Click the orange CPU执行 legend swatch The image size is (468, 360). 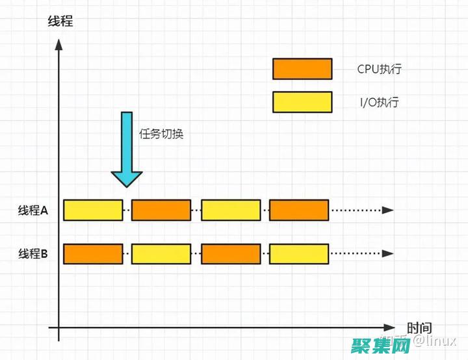[x=302, y=69]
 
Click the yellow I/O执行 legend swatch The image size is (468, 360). [x=302, y=102]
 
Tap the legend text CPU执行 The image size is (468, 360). [x=379, y=69]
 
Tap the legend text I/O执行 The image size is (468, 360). [x=378, y=102]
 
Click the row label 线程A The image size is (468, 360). [x=33, y=210]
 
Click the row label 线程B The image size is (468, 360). [x=33, y=253]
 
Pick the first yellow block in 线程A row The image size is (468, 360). [x=93, y=210]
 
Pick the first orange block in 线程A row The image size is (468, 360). [x=161, y=210]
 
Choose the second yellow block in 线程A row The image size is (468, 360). [x=231, y=210]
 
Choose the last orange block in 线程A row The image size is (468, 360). [x=299, y=210]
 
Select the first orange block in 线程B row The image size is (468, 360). [x=93, y=253]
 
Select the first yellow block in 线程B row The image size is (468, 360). [x=161, y=253]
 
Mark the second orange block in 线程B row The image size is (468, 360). [x=231, y=253]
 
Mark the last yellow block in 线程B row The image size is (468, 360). [x=299, y=253]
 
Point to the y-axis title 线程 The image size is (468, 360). [x=60, y=21]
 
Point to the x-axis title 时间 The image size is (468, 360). [x=419, y=328]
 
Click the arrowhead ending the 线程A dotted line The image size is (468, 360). [x=388, y=210]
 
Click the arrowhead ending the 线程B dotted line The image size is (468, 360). [x=388, y=253]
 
